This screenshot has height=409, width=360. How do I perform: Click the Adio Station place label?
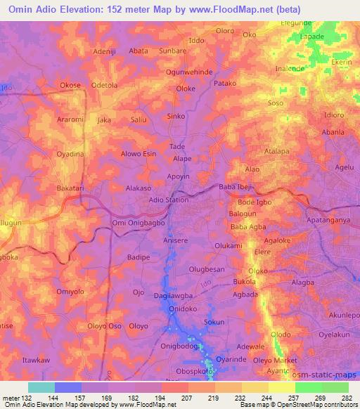click(x=168, y=200)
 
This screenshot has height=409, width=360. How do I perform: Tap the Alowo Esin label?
click(x=139, y=153)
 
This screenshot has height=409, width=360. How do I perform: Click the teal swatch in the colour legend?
click(x=41, y=387)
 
